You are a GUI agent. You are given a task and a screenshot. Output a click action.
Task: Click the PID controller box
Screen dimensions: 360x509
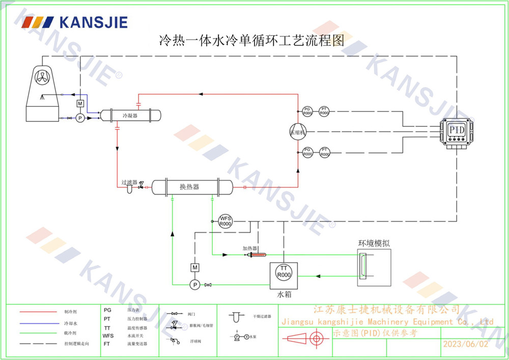pos(457,131)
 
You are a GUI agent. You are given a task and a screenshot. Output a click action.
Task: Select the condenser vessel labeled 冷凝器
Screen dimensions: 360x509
pos(131,116)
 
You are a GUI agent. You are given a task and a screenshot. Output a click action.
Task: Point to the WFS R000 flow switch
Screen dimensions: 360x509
pos(225,221)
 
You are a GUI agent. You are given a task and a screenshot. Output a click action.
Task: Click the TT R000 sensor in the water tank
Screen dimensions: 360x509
pos(284,271)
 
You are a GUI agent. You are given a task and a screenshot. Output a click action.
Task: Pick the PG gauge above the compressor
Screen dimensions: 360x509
pos(307,110)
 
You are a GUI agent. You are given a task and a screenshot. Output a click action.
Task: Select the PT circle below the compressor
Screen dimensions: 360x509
pos(325,152)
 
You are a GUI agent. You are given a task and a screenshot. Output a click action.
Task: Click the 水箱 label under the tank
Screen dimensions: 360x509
pos(284,294)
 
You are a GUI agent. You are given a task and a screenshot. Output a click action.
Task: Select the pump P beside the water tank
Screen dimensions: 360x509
pos(194,284)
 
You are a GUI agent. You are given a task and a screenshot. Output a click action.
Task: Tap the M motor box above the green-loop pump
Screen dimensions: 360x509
pos(194,267)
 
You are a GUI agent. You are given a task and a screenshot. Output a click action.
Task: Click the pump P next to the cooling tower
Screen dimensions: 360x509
pos(79,118)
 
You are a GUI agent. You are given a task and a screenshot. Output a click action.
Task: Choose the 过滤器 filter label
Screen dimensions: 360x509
pos(129,182)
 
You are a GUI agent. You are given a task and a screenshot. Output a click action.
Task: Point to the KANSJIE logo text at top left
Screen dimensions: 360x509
pos(93,22)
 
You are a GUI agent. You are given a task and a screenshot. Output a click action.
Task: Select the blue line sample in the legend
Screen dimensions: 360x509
pos(38,323)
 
